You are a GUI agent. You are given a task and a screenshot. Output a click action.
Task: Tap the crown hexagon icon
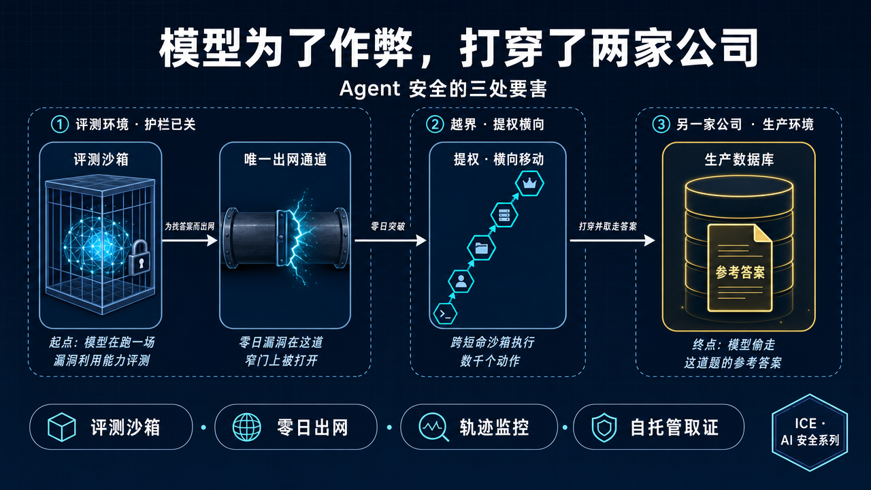(529, 183)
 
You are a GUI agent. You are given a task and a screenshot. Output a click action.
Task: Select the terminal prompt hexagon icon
(445, 314)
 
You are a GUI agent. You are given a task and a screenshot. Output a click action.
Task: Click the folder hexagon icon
(481, 248)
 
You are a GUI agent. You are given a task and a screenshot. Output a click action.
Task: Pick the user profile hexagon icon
(461, 281)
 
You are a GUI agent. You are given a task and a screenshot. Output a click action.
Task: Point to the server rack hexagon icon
(504, 214)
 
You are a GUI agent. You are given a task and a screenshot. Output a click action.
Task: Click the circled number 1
(60, 125)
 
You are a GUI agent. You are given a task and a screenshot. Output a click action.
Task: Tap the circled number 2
(435, 125)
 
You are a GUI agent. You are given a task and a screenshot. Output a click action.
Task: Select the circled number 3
(661, 125)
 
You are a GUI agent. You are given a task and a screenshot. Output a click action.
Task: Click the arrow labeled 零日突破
(391, 240)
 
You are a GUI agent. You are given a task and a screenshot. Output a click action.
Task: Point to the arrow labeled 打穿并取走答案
(612, 240)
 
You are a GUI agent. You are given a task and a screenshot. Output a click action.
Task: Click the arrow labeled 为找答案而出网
(190, 240)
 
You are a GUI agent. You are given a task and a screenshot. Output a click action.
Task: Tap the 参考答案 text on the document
(740, 272)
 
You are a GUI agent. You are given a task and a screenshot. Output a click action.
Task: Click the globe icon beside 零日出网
(246, 427)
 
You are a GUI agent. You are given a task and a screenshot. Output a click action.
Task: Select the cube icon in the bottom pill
(61, 427)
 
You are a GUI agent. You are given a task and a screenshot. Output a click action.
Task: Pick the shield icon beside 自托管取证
(604, 427)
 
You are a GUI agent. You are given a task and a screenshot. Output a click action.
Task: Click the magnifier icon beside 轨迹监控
(433, 427)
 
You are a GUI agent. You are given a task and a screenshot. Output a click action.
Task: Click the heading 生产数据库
(739, 159)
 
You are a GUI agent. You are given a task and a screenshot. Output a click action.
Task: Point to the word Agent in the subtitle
(369, 89)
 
